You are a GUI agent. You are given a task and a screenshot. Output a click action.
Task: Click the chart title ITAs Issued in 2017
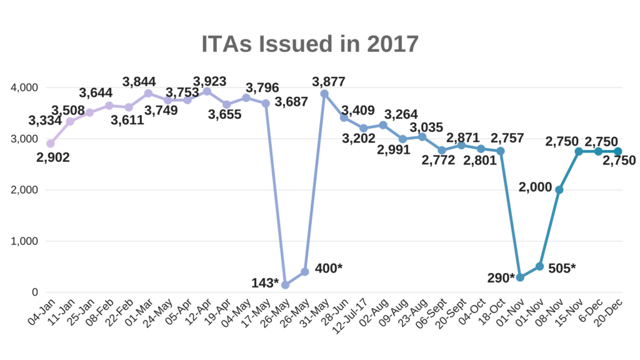[x=309, y=44]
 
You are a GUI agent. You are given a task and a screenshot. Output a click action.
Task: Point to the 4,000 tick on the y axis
[x=24, y=87]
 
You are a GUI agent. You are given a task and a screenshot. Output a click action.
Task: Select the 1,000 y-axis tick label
[x=24, y=241]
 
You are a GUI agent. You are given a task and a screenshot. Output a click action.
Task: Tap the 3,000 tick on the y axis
[x=24, y=139]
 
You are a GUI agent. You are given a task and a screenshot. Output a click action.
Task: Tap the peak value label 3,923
[x=210, y=81]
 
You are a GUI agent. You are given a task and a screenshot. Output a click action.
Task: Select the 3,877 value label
[x=328, y=82]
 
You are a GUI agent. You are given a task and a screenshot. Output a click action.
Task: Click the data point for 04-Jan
[x=51, y=144]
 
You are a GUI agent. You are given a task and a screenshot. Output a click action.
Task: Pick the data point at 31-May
[x=324, y=94]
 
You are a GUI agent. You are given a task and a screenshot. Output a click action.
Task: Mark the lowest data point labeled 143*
[x=285, y=285]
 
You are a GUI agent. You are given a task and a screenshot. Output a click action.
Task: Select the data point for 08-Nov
[x=559, y=190]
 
